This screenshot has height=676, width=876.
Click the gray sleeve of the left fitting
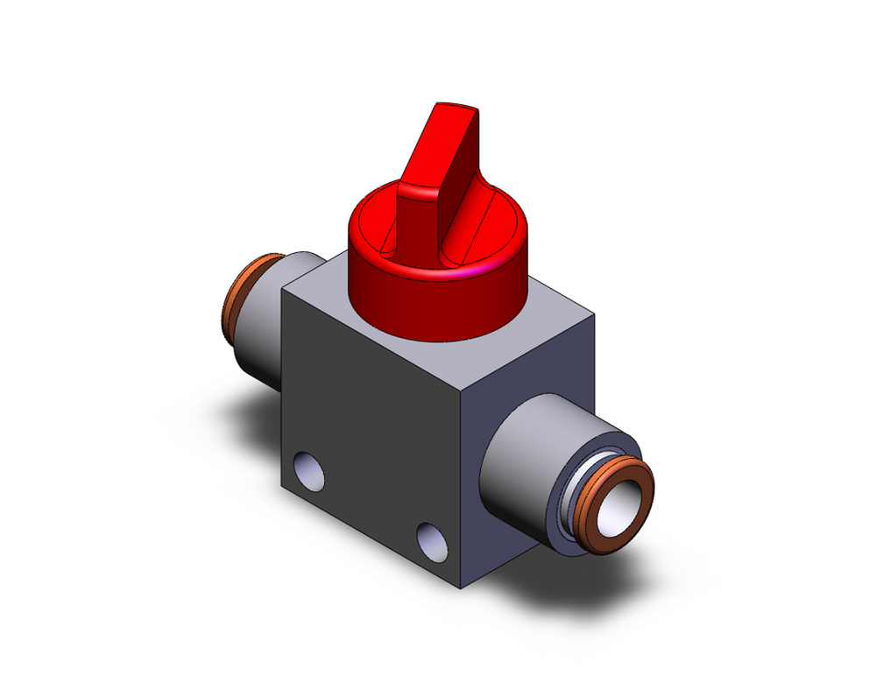[x=263, y=342]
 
